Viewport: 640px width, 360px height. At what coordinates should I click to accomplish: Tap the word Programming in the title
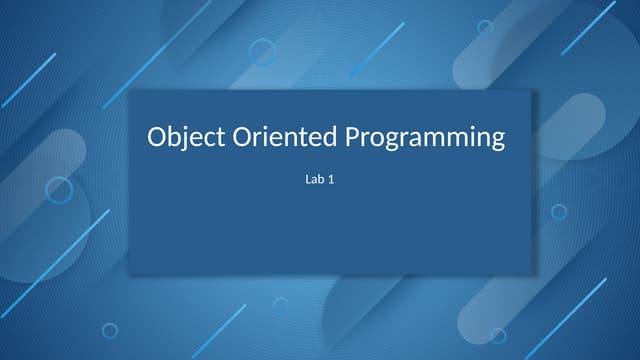click(x=426, y=137)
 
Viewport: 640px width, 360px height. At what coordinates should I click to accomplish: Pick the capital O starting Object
click(x=157, y=137)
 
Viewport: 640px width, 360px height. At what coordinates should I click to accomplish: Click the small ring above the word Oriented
click(x=262, y=50)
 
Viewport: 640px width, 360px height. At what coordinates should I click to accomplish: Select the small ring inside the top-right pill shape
click(x=485, y=28)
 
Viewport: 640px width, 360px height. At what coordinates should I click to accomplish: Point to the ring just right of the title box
click(x=559, y=212)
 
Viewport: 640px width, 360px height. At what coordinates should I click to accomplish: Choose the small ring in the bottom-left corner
click(x=110, y=330)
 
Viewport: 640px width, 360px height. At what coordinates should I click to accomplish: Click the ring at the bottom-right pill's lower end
click(x=497, y=335)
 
